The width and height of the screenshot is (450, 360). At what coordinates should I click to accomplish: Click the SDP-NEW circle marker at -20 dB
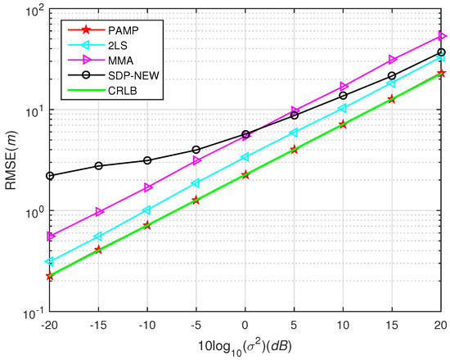tap(50, 176)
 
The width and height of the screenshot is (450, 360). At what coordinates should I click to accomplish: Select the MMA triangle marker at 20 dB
tap(442, 36)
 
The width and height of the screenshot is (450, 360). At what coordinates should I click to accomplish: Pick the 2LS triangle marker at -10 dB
tap(147, 210)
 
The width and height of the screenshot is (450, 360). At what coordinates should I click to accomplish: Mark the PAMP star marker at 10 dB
tap(344, 124)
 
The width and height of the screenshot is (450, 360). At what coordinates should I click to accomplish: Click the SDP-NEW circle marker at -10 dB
tap(147, 160)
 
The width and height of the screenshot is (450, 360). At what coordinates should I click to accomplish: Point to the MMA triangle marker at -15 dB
tap(99, 212)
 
